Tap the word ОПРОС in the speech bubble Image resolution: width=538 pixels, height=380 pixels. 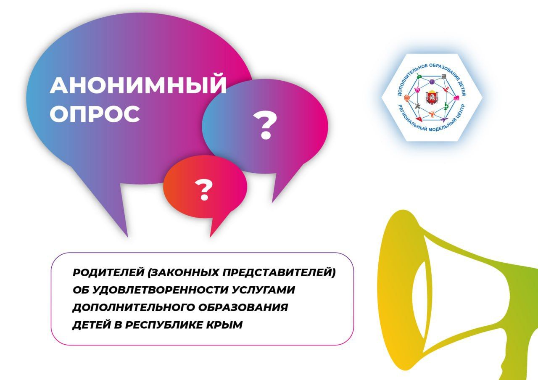coord(95,113)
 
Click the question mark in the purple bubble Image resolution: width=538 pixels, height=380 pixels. coord(265,125)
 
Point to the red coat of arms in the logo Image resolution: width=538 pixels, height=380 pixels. coord(432,97)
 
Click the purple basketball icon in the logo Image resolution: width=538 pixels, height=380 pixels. coord(432,82)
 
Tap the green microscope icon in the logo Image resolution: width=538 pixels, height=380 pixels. coord(446,106)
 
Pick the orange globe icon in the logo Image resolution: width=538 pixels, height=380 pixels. coord(407,98)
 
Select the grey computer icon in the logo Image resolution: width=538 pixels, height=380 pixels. coord(444,77)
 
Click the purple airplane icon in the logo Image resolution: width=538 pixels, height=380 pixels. coord(444,119)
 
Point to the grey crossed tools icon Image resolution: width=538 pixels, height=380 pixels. coord(417,106)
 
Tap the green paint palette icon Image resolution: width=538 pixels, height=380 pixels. coord(419,77)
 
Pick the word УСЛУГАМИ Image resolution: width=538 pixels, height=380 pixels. coord(263,290)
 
